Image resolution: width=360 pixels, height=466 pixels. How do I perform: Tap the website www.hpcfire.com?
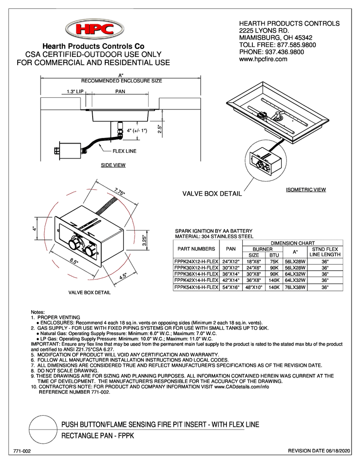pos(263,60)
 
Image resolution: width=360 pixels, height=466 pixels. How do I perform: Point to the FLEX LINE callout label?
pos(124,151)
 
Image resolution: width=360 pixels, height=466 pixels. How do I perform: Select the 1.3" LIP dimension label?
pos(71,92)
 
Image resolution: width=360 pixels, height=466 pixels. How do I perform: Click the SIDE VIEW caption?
pos(113,165)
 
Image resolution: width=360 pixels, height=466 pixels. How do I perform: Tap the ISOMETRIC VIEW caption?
pos(305,190)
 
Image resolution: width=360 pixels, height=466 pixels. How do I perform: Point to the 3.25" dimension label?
pos(145,240)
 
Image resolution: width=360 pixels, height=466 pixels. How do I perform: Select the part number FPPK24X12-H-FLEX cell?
pos(196,262)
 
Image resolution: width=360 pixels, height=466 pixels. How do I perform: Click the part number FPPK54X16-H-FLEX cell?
pos(196,288)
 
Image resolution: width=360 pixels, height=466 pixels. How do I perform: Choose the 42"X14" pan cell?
pos(231,281)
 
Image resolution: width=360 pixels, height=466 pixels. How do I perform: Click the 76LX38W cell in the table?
pos(294,288)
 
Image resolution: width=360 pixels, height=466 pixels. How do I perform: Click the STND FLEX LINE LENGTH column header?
pos(325,252)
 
